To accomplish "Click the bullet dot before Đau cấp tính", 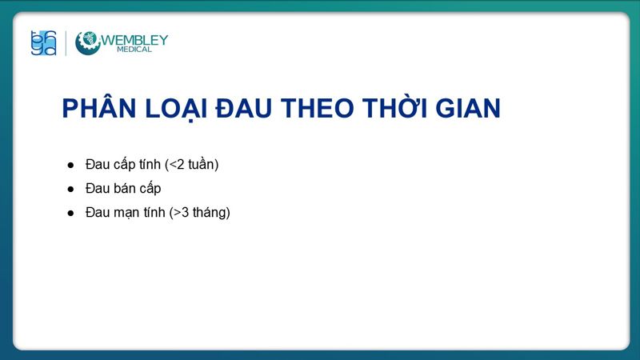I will [70, 165].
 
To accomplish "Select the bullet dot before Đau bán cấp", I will [70, 189].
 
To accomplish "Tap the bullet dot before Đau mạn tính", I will [70, 213].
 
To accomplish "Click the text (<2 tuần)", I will [191, 165].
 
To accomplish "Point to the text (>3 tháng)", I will [199, 213].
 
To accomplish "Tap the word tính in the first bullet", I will [150, 165].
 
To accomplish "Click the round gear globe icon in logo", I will [88, 43].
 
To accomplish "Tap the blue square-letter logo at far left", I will [43, 43].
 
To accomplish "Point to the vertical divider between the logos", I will [66, 43].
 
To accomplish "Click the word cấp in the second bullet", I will [150, 189].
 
